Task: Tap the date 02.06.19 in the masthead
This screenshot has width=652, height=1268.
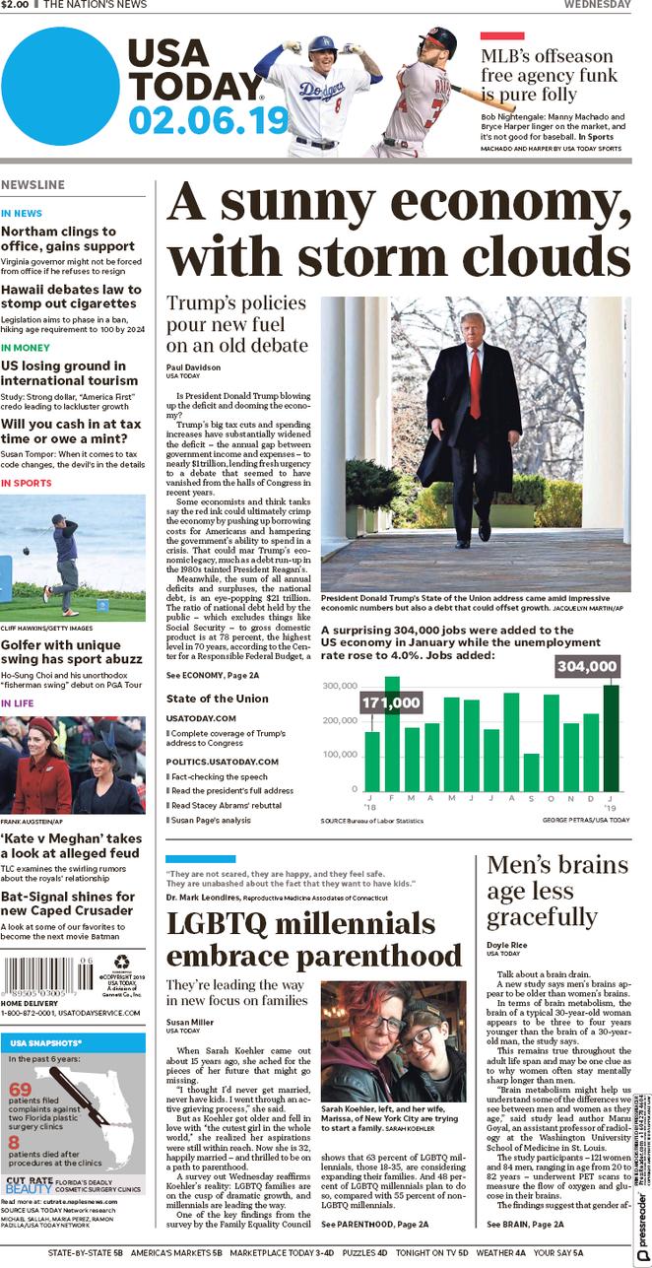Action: [x=208, y=120]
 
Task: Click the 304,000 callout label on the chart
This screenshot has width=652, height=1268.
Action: [x=587, y=667]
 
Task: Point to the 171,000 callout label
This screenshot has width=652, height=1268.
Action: [x=391, y=702]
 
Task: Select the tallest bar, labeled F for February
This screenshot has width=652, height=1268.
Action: [x=392, y=733]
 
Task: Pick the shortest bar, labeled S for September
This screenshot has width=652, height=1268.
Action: [x=532, y=771]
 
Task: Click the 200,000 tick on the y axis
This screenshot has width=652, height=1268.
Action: [x=340, y=720]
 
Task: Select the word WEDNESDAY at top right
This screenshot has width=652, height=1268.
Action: [x=597, y=5]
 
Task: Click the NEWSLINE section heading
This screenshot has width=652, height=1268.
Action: [x=33, y=185]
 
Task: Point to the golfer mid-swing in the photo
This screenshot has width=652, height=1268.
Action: [x=66, y=555]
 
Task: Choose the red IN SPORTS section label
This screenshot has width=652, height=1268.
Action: [x=27, y=483]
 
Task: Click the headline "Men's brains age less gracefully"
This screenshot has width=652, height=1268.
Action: [x=557, y=891]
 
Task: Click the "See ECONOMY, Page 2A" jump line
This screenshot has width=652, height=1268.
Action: [x=212, y=675]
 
